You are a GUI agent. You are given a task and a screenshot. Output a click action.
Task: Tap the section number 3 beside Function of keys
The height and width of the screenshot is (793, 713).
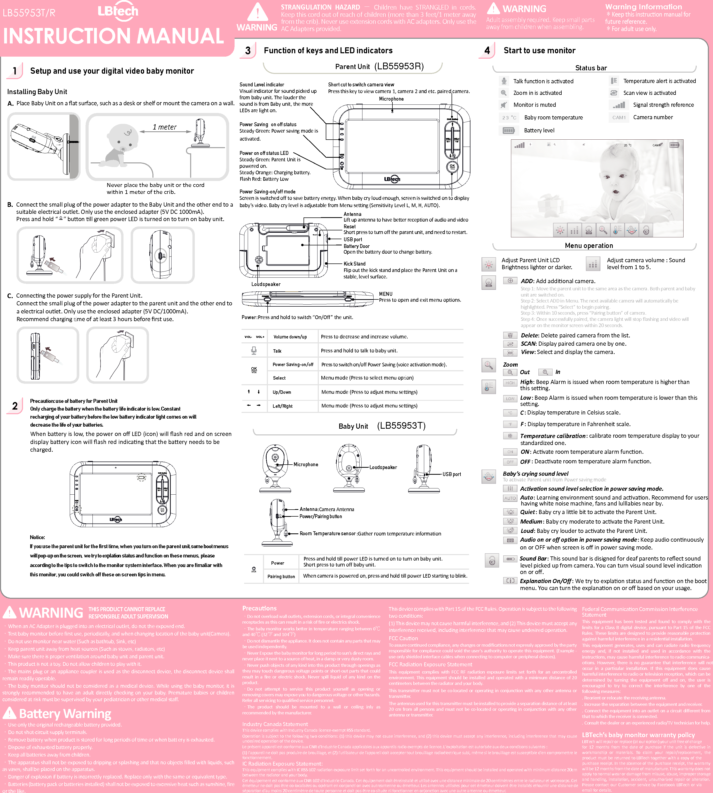tap(247, 51)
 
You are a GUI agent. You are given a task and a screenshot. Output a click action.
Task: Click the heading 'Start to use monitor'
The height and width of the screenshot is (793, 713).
tap(539, 51)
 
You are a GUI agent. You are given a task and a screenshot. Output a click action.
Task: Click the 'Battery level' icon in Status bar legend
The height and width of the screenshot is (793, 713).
tap(508, 131)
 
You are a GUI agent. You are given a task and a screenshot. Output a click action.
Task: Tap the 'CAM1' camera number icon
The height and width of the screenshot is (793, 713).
tap(619, 117)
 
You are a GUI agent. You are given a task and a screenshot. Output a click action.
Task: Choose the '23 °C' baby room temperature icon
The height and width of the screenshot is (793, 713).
tap(509, 118)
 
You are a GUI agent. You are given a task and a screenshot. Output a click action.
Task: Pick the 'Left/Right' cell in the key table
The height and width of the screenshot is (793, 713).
tap(282, 406)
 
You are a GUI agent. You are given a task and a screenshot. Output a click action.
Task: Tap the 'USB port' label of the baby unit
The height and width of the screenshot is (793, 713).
tap(452, 474)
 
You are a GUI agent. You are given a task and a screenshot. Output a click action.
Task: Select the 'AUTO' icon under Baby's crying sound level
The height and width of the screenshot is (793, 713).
tap(510, 498)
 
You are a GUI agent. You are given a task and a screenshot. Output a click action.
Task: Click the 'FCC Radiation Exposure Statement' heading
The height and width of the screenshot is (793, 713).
tap(430, 664)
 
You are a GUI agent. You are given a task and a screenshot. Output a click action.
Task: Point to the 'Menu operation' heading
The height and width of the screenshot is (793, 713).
tap(588, 246)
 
